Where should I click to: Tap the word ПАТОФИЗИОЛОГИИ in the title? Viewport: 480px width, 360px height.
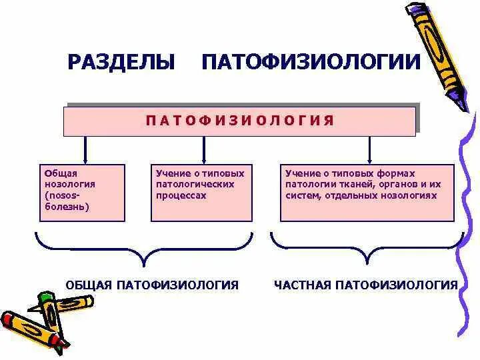(x=311, y=63)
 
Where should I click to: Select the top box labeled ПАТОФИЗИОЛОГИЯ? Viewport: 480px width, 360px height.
(x=239, y=121)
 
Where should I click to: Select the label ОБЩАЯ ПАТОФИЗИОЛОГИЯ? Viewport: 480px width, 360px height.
(x=152, y=285)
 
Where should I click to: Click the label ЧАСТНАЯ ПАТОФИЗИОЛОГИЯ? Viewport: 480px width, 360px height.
(x=365, y=285)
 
